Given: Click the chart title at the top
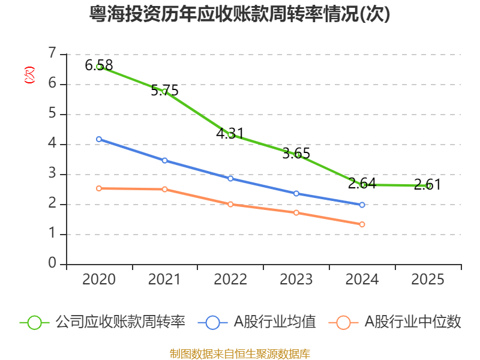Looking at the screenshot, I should pos(240,14).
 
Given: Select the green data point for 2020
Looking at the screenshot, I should pos(99,67).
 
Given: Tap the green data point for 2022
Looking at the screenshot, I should pos(230,135).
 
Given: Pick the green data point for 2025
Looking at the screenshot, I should pos(428,186).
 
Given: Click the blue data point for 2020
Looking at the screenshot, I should pos(99,139).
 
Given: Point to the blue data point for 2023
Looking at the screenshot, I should pos(296,193).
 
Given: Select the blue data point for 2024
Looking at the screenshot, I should pos(362,205).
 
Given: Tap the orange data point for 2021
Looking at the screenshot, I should pos(164,190).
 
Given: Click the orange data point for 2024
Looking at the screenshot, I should pos(362,224).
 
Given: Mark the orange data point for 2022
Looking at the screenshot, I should pos(230,204).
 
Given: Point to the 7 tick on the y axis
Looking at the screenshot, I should pos(52,54).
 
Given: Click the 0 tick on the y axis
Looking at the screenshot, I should pos(52,264).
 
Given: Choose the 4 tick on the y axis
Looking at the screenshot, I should pos(52,144).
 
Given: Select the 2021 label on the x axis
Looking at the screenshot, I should pos(164,280).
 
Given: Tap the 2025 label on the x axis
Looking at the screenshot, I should pos(428,280).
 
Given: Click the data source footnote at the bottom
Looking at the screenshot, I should pos(240,353).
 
